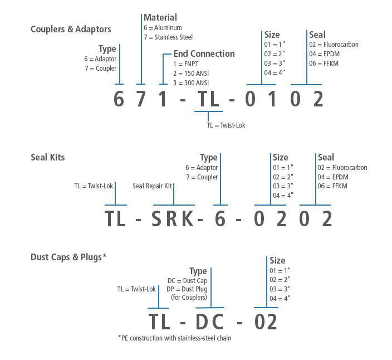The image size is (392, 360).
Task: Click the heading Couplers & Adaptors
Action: [71, 29]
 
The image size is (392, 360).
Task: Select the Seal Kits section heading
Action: [48, 157]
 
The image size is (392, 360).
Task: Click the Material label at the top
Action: [160, 18]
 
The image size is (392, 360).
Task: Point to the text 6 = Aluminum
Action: [163, 28]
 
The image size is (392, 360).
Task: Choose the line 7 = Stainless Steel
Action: [169, 37]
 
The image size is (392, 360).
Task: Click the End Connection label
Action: [204, 54]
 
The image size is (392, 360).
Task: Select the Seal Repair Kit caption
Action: [152, 186]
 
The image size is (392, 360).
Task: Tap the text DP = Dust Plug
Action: [187, 289]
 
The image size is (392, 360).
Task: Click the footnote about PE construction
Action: [174, 338]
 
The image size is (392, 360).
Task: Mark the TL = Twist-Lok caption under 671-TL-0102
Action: [226, 125]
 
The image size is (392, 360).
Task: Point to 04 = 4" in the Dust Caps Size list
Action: [280, 298]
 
